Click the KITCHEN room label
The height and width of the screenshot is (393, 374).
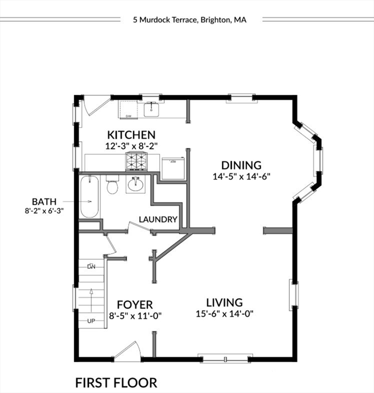131,135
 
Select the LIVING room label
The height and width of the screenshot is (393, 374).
224,302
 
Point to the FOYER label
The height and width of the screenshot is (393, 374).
135,305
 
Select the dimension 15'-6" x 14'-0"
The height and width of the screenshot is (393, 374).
225,314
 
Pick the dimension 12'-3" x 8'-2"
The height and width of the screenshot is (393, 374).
131,146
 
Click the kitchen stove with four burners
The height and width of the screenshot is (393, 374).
137,161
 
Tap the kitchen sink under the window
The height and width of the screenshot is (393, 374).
151,109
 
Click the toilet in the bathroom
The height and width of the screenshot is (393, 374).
112,185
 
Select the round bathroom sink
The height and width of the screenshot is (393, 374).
136,184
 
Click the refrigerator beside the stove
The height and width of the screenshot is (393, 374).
173,167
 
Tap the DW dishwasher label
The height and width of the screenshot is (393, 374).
128,116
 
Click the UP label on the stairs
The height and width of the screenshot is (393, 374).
91,321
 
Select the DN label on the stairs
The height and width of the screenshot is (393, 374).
92,266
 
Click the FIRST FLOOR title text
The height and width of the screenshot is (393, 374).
116,382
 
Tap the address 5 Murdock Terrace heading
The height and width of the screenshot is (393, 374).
189,20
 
